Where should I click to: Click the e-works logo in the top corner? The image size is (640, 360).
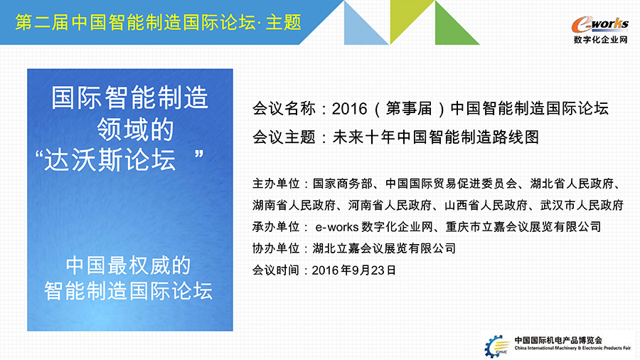pyautogui.click(x=599, y=24)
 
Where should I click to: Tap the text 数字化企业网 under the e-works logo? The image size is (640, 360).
pyautogui.click(x=600, y=40)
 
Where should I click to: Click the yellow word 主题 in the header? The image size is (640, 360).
pyautogui.click(x=283, y=22)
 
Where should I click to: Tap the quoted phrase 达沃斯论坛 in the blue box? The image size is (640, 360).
pyautogui.click(x=110, y=159)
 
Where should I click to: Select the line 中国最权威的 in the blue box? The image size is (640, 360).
pyautogui.click(x=128, y=265)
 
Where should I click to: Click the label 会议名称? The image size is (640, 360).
pyautogui.click(x=284, y=109)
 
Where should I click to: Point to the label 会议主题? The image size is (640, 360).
pyautogui.click(x=284, y=137)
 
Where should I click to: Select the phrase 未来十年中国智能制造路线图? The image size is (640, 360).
pyautogui.click(x=436, y=137)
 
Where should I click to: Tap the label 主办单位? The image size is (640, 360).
pyautogui.click(x=276, y=184)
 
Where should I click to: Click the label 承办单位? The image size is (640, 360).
pyautogui.click(x=276, y=226)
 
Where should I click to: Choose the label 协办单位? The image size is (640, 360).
pyautogui.click(x=276, y=248)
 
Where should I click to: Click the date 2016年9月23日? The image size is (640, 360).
pyautogui.click(x=354, y=270)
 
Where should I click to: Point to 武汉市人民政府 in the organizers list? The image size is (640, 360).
pyautogui.click(x=582, y=206)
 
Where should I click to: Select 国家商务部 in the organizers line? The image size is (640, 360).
pyautogui.click(x=343, y=184)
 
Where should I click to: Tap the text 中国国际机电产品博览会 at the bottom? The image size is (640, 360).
pyautogui.click(x=558, y=340)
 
